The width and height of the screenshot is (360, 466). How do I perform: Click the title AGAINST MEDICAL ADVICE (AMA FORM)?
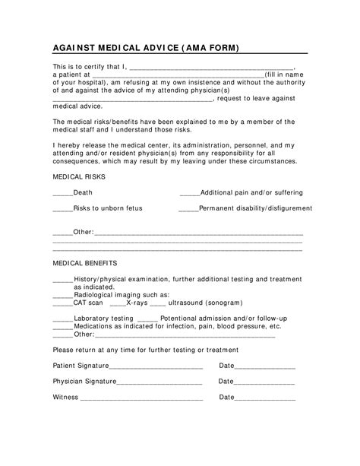click(x=145, y=47)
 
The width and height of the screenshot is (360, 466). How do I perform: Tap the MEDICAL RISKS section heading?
click(x=79, y=176)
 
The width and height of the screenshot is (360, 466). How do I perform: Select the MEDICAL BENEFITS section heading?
click(x=84, y=262)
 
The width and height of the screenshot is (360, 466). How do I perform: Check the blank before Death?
click(x=62, y=194)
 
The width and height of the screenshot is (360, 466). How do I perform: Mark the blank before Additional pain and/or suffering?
click(x=189, y=194)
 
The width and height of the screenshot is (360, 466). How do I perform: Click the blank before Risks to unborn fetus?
click(x=62, y=208)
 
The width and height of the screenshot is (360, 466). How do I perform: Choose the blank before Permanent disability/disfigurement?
click(x=188, y=208)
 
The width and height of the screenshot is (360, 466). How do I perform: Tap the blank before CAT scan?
click(x=62, y=303)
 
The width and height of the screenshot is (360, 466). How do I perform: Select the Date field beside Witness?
click(x=265, y=398)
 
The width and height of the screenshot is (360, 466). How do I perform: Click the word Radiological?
click(x=95, y=294)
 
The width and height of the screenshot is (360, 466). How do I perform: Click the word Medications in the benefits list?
click(x=96, y=325)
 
